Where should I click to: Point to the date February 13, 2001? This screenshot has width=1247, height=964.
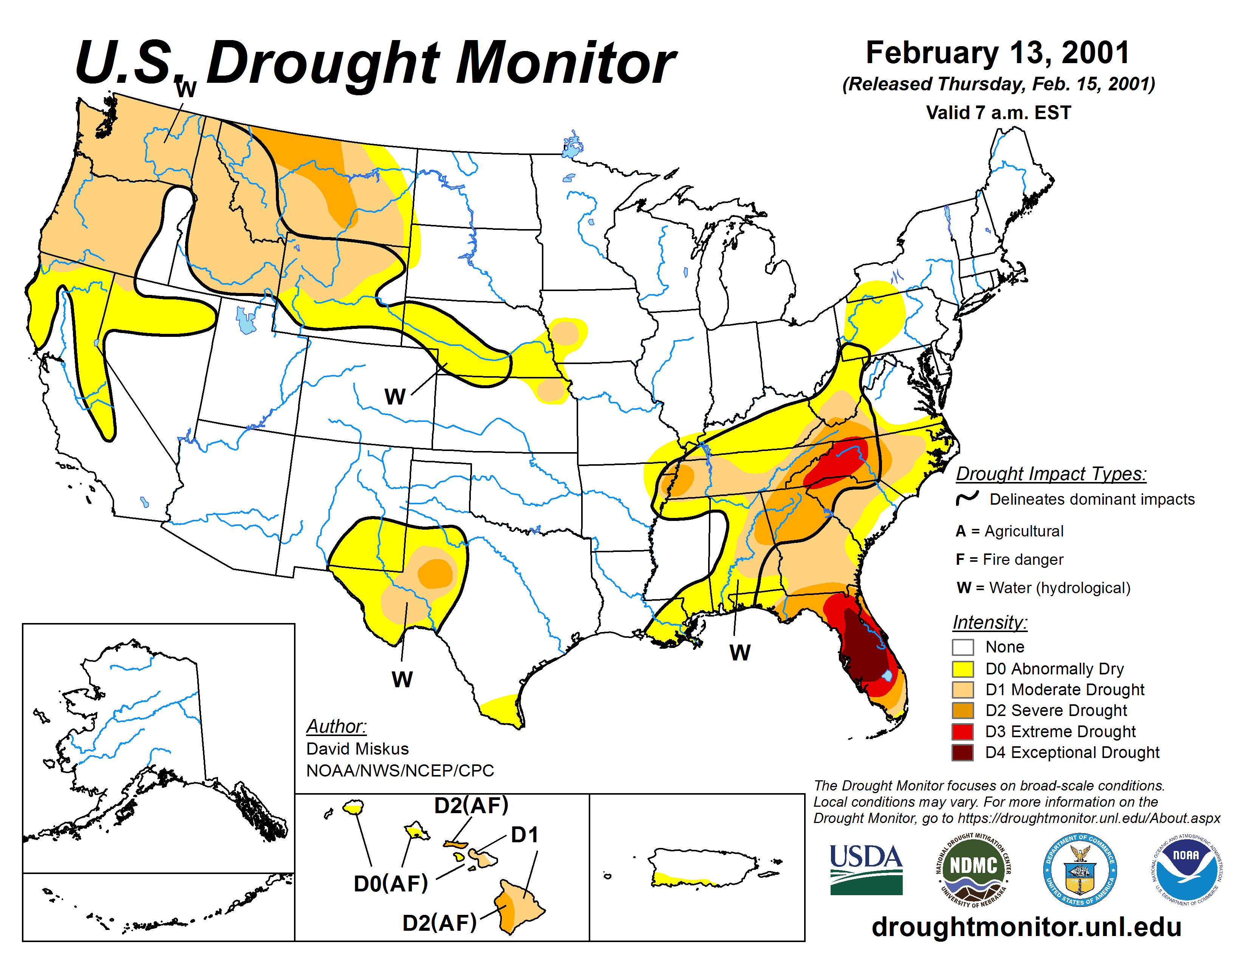tap(998, 53)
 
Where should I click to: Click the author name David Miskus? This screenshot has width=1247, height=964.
tap(357, 749)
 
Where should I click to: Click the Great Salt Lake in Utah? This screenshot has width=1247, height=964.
tap(246, 320)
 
